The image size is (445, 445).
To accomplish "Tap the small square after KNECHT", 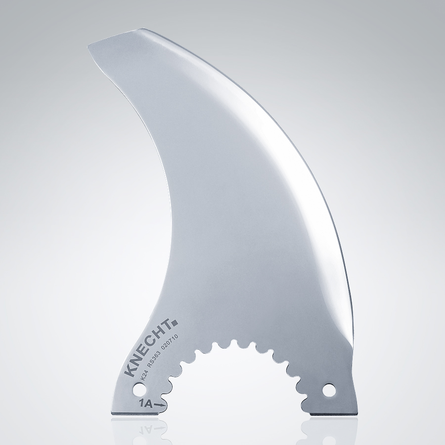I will (x=174, y=324).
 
